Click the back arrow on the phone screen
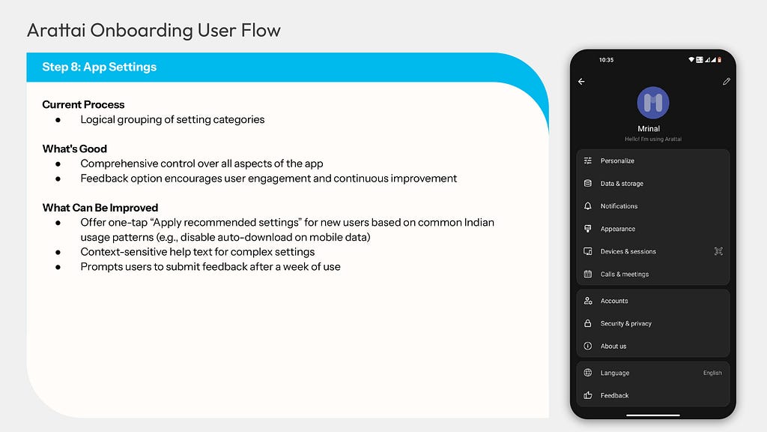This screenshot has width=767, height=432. (x=581, y=81)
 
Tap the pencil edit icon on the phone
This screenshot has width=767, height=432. (x=727, y=81)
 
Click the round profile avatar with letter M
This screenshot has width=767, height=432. (x=653, y=103)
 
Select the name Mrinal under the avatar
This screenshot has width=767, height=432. (x=649, y=128)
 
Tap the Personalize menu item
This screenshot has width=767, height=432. (x=617, y=160)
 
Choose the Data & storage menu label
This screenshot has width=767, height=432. (x=622, y=183)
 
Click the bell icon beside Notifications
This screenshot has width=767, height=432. (x=588, y=205)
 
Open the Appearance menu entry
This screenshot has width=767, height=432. (x=618, y=229)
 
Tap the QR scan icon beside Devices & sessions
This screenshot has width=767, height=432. (x=718, y=251)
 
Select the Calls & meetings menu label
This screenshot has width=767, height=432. (x=625, y=274)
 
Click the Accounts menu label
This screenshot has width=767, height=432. (x=614, y=301)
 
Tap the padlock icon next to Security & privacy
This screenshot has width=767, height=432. (x=588, y=323)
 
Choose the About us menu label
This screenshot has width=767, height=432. (x=613, y=346)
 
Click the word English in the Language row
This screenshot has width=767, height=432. (x=712, y=373)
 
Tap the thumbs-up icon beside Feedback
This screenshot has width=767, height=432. (x=588, y=395)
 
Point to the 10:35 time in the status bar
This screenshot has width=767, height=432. (x=606, y=60)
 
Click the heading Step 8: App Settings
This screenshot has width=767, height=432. (x=100, y=67)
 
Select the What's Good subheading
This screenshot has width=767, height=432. (x=74, y=149)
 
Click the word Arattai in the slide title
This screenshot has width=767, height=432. (x=56, y=30)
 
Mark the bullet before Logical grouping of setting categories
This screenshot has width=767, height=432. (x=58, y=120)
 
